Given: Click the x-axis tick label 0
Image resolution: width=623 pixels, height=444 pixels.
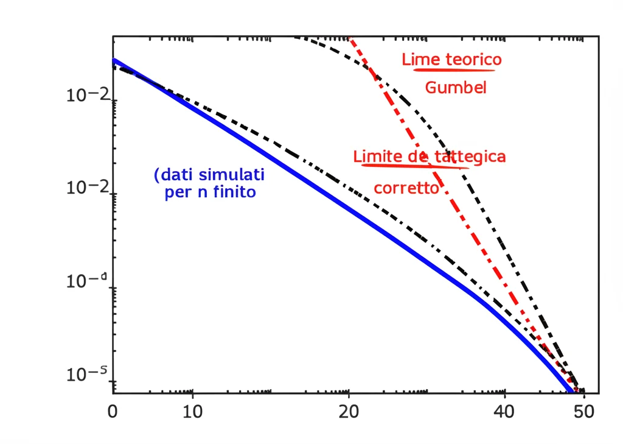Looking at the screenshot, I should coord(113,413).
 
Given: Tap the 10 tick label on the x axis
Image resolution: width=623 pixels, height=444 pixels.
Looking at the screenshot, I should coord(192,413).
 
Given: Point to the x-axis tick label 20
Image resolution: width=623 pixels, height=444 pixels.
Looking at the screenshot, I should coord(349,413).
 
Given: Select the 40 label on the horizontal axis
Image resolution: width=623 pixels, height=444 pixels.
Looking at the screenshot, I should coord(504,413).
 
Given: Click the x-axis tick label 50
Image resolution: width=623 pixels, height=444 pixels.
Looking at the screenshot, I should coord(583,413).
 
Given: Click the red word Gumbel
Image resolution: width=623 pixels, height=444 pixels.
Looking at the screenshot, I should coord(456,88).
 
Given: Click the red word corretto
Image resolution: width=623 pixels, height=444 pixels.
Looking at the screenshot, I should coord(406,188).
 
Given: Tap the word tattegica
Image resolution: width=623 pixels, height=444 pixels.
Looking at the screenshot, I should coord(471,157).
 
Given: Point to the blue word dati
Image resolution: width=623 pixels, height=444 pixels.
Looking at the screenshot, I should coord(178,175).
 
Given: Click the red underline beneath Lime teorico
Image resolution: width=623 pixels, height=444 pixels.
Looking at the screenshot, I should coord(453,69).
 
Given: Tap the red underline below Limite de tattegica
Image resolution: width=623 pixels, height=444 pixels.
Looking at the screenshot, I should coord(414,165).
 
